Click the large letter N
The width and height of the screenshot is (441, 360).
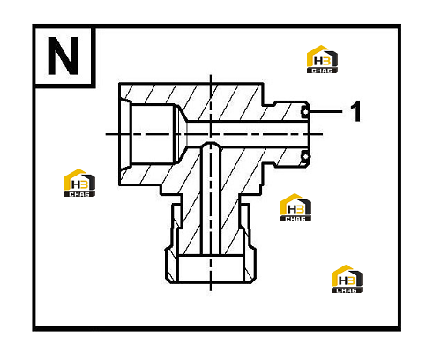coord(63,56)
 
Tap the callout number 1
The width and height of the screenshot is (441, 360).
coord(355,111)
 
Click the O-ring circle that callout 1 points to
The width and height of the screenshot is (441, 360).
coord(305,112)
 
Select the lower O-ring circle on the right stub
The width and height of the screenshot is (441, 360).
coord(305,156)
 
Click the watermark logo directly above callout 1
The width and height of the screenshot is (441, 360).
coord(322,59)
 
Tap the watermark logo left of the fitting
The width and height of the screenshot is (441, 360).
coord(79,183)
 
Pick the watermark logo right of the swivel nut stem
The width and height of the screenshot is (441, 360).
coord(295,207)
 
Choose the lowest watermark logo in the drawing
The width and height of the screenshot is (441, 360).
coord(347,279)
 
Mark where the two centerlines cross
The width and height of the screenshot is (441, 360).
coord(211,134)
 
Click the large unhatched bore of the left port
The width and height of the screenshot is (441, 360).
coord(153,134)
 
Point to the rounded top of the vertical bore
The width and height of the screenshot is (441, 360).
coord(211,144)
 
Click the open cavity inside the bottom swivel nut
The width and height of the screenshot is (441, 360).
coord(211,269)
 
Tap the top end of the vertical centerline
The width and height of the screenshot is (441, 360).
coord(211,75)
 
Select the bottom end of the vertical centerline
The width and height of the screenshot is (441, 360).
coord(211,290)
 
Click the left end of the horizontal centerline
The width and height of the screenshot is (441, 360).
coord(106,134)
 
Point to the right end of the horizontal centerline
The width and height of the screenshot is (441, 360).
coord(323,134)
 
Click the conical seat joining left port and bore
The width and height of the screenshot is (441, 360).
coord(181,134)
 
